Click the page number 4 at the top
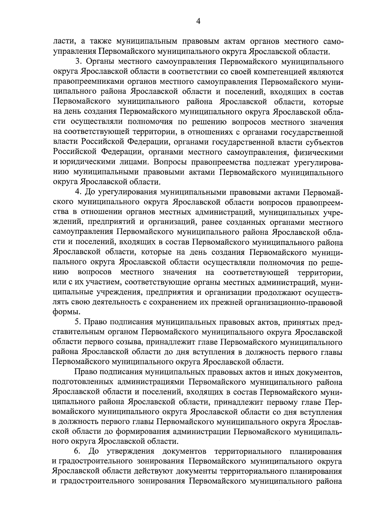click(x=198, y=21)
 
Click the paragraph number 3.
click(x=77, y=62)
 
